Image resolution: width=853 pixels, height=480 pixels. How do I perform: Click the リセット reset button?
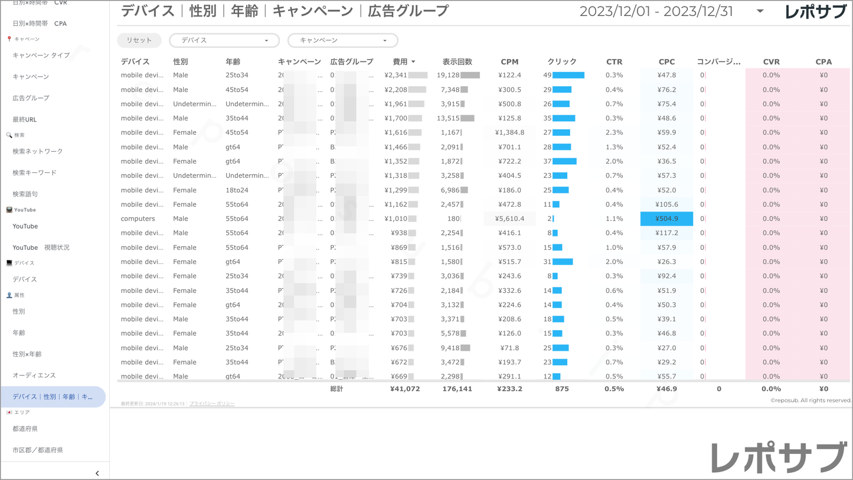tap(139, 40)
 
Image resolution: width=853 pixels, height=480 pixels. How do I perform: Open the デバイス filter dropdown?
tap(224, 40)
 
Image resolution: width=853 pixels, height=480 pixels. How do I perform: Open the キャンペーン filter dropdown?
tap(342, 40)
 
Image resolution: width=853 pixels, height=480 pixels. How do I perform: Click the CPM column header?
tap(509, 61)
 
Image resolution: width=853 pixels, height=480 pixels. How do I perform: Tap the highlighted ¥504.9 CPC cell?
tap(666, 218)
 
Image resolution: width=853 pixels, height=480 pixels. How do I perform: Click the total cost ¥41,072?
tap(405, 389)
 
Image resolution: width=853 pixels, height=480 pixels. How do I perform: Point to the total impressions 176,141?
tap(457, 389)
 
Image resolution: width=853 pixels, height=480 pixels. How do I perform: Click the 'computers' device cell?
tap(138, 218)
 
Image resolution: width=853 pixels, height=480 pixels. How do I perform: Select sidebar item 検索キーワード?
tap(35, 172)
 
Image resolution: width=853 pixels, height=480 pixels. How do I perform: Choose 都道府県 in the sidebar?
tap(25, 429)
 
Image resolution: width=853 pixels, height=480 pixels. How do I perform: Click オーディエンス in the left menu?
tap(34, 375)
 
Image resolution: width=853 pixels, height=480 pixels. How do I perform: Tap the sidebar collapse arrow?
tap(97, 473)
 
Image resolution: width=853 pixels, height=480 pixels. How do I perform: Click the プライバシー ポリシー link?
tap(212, 404)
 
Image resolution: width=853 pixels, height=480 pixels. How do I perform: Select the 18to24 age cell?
tap(237, 190)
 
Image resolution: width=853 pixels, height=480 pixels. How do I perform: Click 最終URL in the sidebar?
tap(25, 119)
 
